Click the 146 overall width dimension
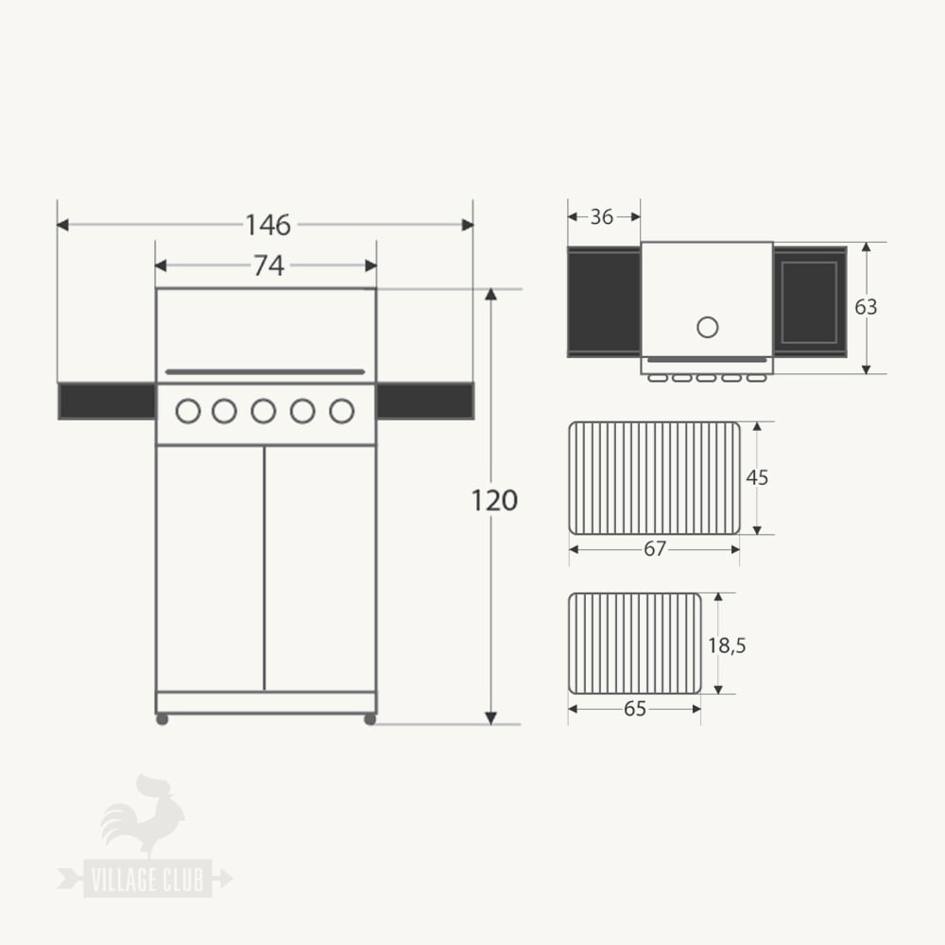pyautogui.click(x=268, y=225)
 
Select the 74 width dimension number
pyautogui.click(x=268, y=266)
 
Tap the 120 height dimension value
pyautogui.click(x=494, y=501)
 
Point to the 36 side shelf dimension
pyautogui.click(x=601, y=217)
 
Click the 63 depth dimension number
pyautogui.click(x=866, y=307)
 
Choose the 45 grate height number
pyautogui.click(x=757, y=478)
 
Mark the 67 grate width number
pyautogui.click(x=655, y=549)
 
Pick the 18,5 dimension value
pyautogui.click(x=727, y=646)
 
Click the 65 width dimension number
pyautogui.click(x=635, y=710)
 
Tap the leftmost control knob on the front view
pyautogui.click(x=188, y=411)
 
